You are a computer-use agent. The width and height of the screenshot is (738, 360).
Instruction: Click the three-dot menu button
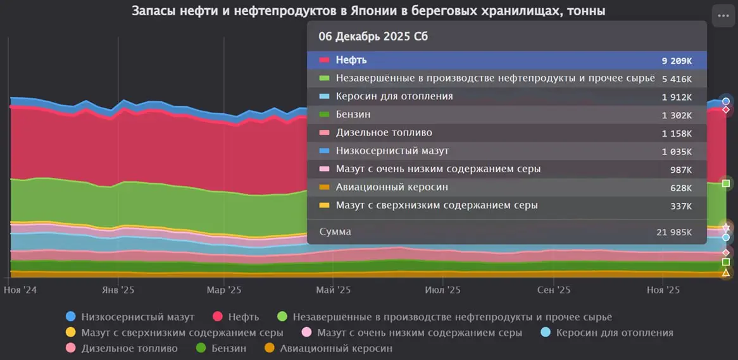pos(723,16)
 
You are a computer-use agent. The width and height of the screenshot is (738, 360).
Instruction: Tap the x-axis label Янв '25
pos(118,290)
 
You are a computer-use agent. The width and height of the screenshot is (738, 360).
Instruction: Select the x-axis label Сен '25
pos(554,290)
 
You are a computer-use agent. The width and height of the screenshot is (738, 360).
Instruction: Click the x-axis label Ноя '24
pos(21,290)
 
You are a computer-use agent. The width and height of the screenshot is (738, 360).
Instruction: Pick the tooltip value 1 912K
pos(677,97)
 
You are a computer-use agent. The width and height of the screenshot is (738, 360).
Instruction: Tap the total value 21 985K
pos(674,233)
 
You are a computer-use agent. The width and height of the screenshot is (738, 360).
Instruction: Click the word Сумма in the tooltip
pos(335,232)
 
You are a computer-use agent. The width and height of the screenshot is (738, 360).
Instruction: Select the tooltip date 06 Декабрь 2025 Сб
pos(373,37)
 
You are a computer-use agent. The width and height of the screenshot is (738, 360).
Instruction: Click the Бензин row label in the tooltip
pos(353,115)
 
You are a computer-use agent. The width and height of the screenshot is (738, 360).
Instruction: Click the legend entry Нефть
pos(242,316)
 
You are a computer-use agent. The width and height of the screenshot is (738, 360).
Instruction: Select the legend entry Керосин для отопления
pos(614,332)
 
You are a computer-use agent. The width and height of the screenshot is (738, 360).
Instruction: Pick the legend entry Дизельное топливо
pos(129,348)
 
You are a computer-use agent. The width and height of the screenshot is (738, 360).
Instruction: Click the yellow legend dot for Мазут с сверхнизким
pos(71,332)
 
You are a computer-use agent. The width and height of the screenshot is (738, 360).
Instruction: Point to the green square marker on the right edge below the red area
pos(726,184)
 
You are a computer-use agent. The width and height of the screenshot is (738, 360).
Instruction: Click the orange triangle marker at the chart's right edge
pos(726,273)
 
